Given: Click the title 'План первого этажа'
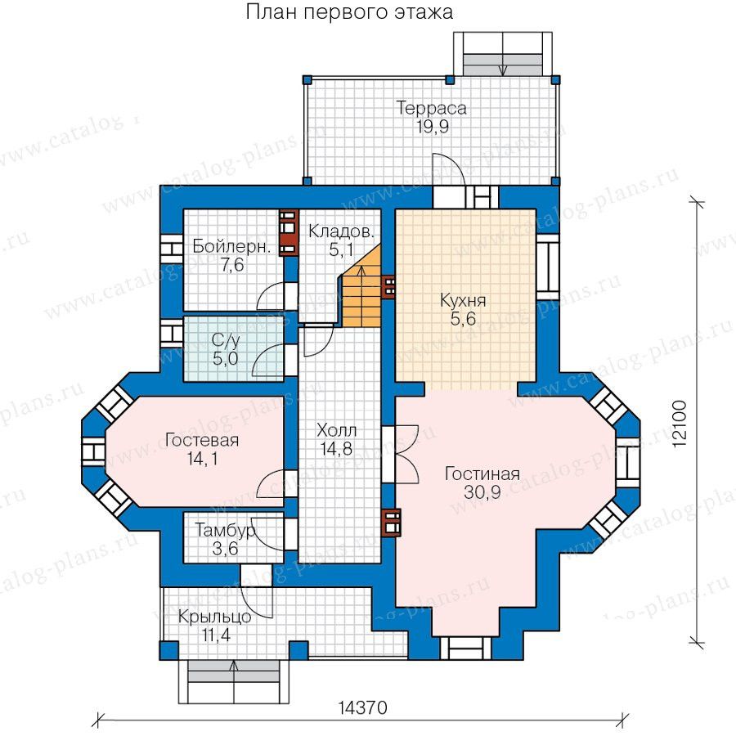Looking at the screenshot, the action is coord(350,12).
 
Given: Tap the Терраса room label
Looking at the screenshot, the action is coord(431,108).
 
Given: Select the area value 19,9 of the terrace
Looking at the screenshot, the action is coord(433,127).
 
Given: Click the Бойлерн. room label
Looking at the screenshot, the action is coord(232,247).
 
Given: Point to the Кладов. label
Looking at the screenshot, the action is coord(342,231).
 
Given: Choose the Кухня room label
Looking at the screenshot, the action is coord(463,300).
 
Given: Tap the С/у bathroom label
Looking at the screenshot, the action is coord(226,341).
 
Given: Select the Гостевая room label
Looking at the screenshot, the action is coord(202,440).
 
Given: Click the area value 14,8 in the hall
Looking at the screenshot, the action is coord(337,449).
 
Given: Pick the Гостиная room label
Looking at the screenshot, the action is coord(482,473).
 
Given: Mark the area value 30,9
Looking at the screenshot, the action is coord(482,492).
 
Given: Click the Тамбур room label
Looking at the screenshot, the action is coord(226,531).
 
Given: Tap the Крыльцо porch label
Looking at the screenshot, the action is coord(214,617).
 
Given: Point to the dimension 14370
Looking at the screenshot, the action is coord(363,707).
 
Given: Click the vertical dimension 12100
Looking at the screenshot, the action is coord(680,424).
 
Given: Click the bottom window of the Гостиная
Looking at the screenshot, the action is coord(465,648).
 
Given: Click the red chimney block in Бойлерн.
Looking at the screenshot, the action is coord(289,232).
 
